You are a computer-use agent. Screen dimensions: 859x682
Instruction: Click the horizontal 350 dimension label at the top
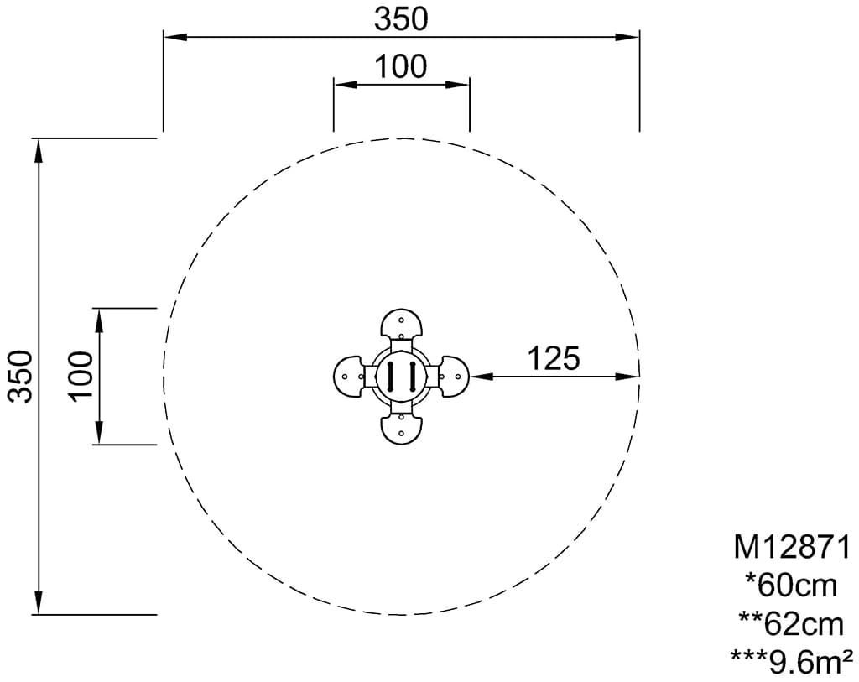[x=401, y=20]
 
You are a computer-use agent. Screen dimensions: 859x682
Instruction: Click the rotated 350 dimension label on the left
[x=23, y=376]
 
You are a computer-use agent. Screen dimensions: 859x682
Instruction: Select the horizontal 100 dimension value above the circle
[x=401, y=67]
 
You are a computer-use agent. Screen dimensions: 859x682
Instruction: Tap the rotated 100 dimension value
[x=81, y=377]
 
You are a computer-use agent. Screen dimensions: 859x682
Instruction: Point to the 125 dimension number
[x=554, y=359]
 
